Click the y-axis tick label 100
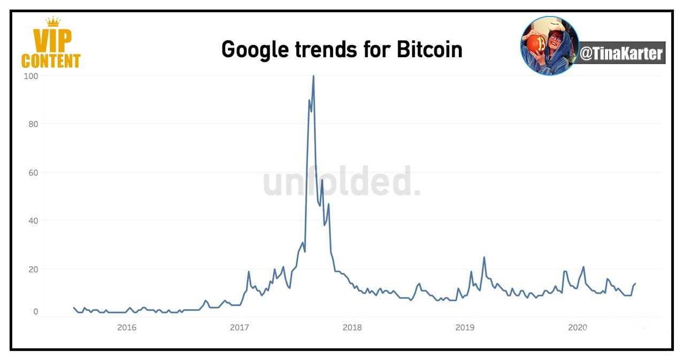(31, 76)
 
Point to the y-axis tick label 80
(33, 124)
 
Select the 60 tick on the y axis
(33, 173)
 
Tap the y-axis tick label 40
(33, 221)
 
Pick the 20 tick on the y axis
(33, 269)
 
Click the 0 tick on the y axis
(36, 311)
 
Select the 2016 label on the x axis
(127, 327)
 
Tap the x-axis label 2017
(240, 327)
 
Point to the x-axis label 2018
(352, 327)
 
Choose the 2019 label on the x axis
(465, 327)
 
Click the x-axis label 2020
(578, 327)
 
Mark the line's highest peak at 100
(313, 76)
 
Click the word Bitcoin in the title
(429, 49)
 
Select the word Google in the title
(255, 50)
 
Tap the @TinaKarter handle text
(621, 53)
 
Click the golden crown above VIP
(53, 22)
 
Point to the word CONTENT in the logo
(51, 61)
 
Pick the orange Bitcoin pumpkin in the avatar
(536, 44)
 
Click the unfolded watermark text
(341, 181)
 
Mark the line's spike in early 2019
(484, 257)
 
